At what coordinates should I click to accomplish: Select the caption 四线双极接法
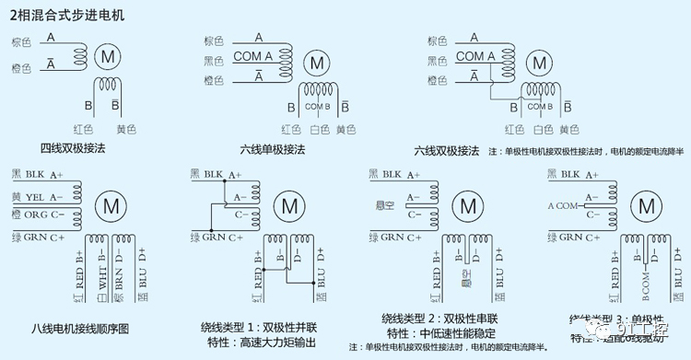pos(72,147)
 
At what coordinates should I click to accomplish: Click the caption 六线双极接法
pos(446,150)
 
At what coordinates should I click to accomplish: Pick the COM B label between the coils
pos(317,106)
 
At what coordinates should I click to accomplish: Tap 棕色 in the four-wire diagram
pos(22,42)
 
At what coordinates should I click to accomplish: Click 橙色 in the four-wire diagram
pos(22,68)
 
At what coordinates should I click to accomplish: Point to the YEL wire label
pos(35,197)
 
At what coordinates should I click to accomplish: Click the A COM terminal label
pos(564,205)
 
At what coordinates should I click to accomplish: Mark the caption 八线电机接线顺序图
pos(80,329)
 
